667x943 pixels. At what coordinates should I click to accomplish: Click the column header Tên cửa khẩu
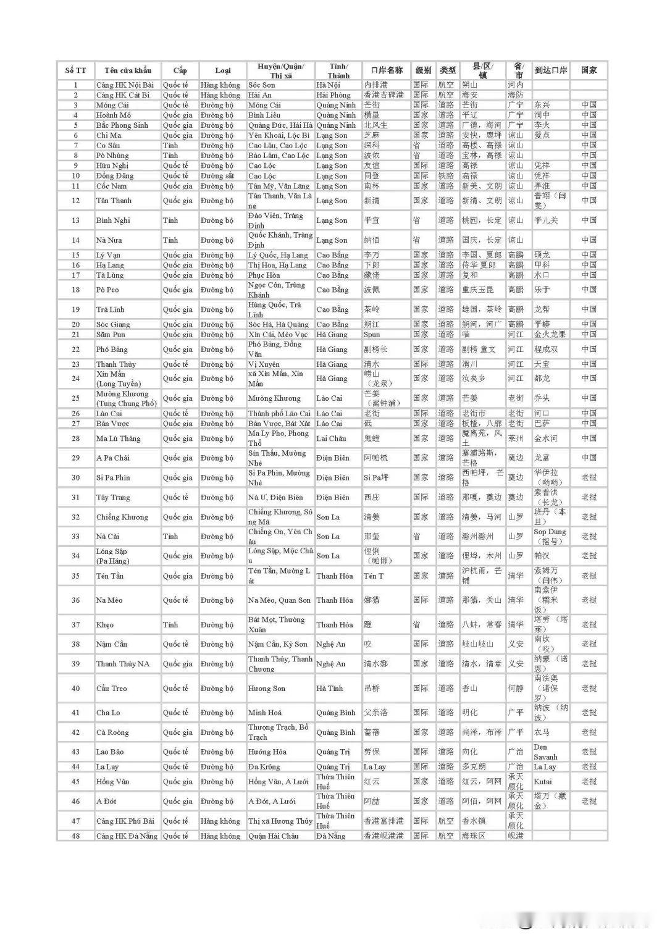tap(127, 70)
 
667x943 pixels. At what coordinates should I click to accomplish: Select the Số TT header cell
tap(75, 70)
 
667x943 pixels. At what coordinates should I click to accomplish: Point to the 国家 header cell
tap(589, 70)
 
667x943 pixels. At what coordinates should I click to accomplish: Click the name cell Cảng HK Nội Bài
tap(125, 85)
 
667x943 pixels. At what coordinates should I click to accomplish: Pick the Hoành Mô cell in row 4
tap(114, 115)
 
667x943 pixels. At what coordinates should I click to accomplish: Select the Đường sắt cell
tap(217, 175)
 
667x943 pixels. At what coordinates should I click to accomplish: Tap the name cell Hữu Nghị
tap(112, 166)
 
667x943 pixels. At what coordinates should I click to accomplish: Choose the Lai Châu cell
tap(332, 438)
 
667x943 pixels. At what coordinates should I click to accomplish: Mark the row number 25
tap(75, 398)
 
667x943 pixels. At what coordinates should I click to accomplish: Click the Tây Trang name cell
tap(114, 497)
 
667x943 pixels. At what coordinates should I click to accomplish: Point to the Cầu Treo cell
tap(112, 689)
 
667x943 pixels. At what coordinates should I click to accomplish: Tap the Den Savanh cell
tap(545, 752)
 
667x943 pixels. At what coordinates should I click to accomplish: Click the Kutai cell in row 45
tap(543, 782)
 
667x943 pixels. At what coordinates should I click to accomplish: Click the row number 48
tap(75, 836)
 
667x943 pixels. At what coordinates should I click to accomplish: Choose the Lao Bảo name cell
tap(110, 752)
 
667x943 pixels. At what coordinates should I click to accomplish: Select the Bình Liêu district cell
tap(264, 115)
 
